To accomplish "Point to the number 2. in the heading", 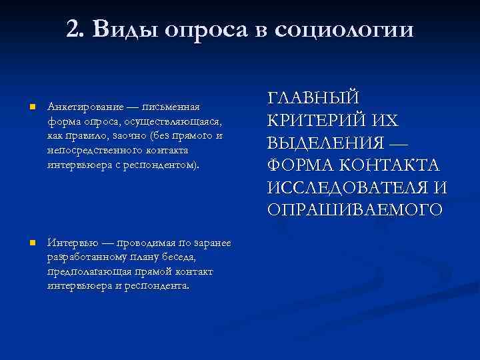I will [75, 29].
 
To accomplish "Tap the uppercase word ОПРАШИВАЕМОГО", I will [355, 209].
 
